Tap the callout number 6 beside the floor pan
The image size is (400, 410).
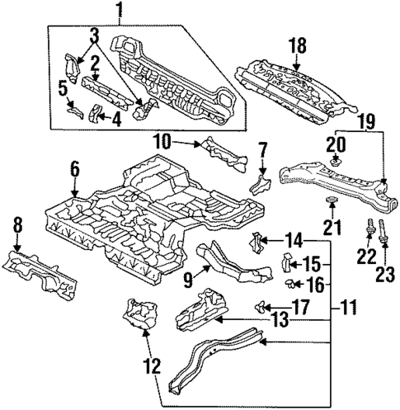coord(75,169)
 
